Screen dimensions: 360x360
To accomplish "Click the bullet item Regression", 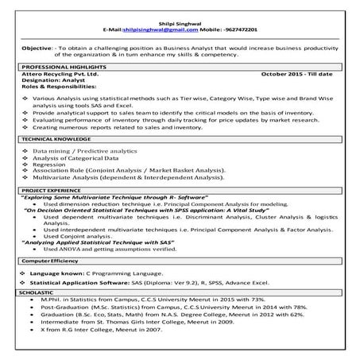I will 48,164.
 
